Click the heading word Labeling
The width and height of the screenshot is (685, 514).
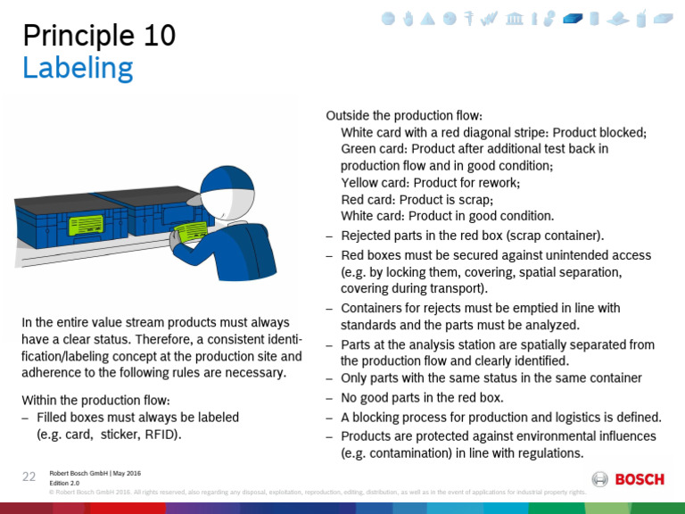click(x=78, y=68)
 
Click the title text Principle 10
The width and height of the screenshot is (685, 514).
click(x=99, y=36)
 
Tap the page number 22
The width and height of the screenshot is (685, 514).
click(x=29, y=477)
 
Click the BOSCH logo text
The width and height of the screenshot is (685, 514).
click(x=640, y=479)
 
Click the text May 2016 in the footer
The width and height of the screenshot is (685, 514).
click(x=126, y=473)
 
